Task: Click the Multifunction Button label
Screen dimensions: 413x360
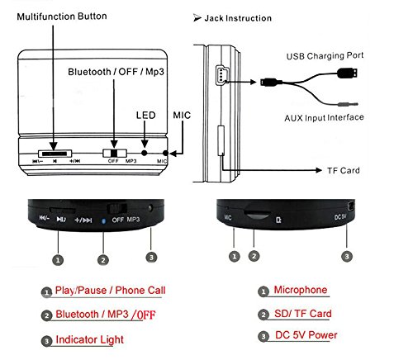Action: [x=62, y=17]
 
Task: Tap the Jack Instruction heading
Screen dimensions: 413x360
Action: [x=238, y=18]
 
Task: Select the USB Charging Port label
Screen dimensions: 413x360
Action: [x=325, y=56]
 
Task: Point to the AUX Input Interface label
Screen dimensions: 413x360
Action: [x=324, y=118]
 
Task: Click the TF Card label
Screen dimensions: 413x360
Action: [x=344, y=170]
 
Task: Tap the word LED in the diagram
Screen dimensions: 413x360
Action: [x=146, y=115]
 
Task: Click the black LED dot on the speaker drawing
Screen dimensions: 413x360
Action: [x=145, y=153]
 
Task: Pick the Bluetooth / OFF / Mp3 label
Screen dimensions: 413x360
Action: [x=116, y=72]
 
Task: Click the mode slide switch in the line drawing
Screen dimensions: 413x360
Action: [x=115, y=153]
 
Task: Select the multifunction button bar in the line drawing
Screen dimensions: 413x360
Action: [x=55, y=154]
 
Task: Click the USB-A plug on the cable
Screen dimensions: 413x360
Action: [x=348, y=73]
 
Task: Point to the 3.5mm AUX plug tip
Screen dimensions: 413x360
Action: [x=356, y=104]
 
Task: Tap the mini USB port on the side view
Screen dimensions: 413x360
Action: [x=221, y=74]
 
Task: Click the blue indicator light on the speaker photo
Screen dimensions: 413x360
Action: [x=103, y=220]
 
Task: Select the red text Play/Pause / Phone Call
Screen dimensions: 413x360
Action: [x=110, y=291]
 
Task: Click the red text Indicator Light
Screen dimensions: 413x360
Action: [x=89, y=340]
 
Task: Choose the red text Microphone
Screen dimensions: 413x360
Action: [x=301, y=290]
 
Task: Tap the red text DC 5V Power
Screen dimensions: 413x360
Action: [x=306, y=335]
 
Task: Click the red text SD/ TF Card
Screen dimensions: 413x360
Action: [x=303, y=314]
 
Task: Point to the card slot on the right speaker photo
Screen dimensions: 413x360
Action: [x=258, y=215]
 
